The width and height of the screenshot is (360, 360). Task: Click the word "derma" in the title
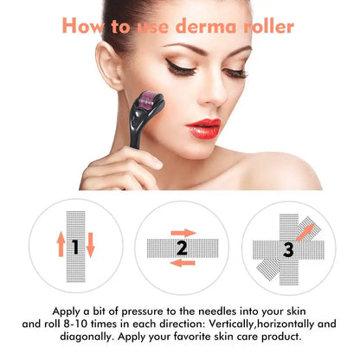[209, 26]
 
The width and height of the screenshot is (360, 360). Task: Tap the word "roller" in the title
[267, 26]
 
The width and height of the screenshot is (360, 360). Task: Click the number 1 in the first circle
[75, 247]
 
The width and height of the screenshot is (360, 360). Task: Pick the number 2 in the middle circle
[181, 248]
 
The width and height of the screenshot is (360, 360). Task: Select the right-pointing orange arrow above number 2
[183, 232]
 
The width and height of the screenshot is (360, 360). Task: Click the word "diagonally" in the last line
[83, 336]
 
